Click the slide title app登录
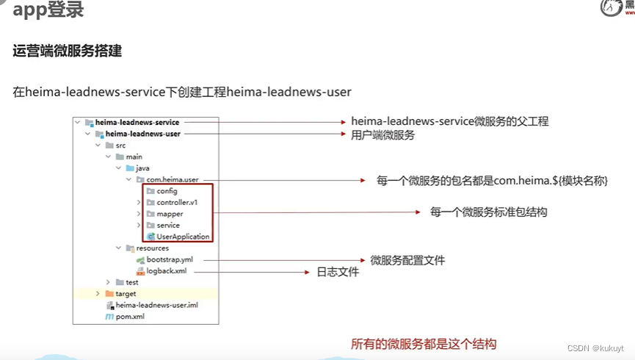click(x=48, y=10)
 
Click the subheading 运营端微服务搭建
click(x=67, y=51)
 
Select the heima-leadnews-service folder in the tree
click(x=137, y=122)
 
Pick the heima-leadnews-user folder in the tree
click(x=142, y=134)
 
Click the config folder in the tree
click(x=167, y=191)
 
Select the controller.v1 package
click(x=177, y=202)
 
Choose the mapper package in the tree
click(x=170, y=214)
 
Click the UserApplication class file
click(x=183, y=237)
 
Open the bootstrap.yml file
click(x=174, y=259)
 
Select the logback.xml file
click(x=166, y=270)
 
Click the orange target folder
click(x=126, y=294)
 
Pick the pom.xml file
click(x=129, y=317)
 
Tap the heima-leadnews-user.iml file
click(x=156, y=305)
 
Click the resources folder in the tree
click(x=152, y=248)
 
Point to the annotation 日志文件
click(x=338, y=272)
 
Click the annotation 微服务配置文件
click(x=407, y=260)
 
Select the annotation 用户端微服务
click(x=382, y=135)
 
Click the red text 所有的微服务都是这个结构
click(x=424, y=344)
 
